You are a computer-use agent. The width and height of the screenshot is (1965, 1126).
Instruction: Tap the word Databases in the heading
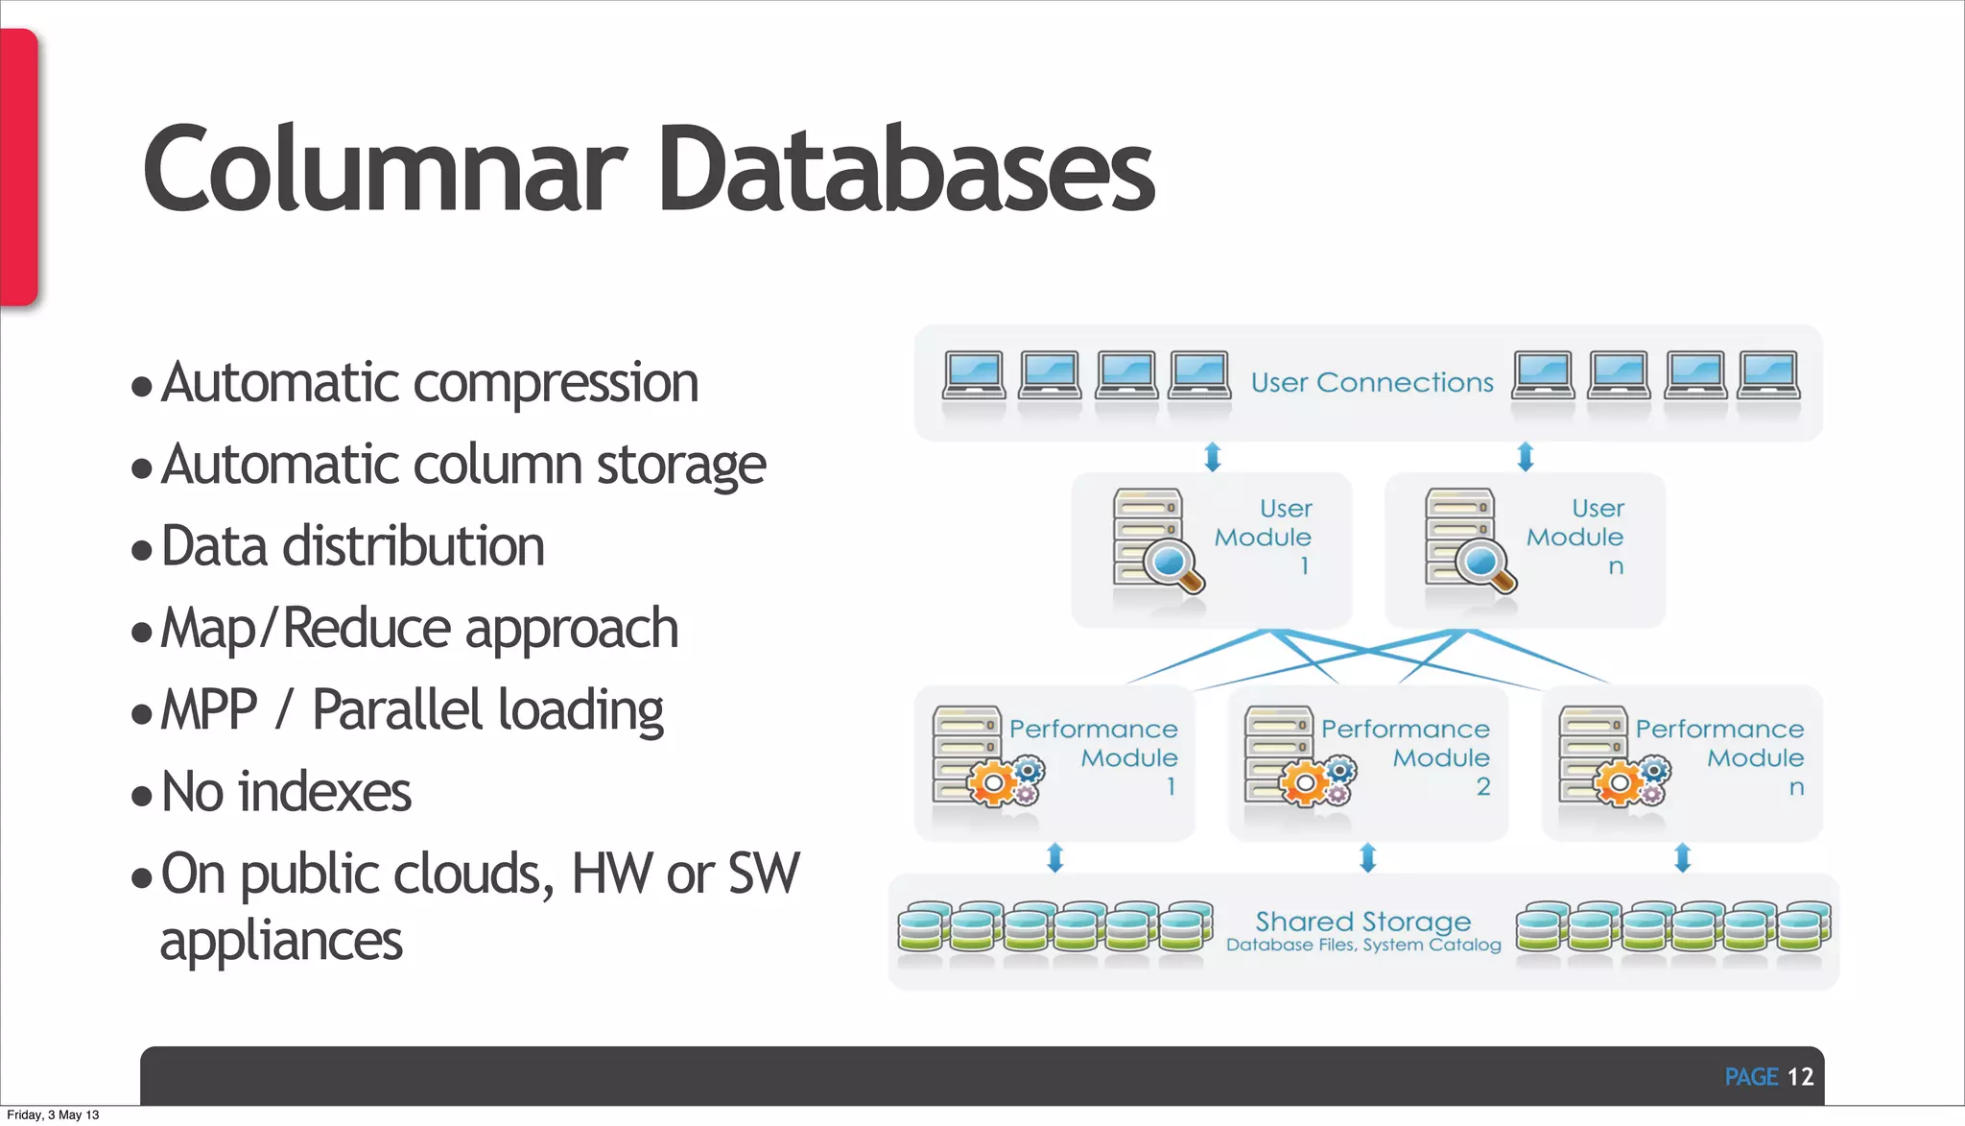906,171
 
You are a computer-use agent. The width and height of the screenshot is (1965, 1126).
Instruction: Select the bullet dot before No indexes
142,796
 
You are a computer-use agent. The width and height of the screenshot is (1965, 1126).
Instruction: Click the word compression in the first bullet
556,383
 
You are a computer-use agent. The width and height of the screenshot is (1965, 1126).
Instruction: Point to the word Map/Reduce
306,629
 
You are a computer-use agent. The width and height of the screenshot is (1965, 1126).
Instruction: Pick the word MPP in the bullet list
209,710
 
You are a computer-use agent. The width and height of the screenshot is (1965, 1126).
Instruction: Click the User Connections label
1372,383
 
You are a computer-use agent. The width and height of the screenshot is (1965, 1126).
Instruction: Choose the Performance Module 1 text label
1094,756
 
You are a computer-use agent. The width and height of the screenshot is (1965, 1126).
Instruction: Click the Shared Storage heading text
1362,922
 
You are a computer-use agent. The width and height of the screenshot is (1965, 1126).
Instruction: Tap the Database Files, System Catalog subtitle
1363,946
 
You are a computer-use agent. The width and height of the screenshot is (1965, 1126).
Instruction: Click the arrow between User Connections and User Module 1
1213,457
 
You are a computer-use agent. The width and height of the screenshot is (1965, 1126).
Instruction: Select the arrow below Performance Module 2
1368,857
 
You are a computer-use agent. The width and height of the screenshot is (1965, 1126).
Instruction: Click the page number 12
1800,1077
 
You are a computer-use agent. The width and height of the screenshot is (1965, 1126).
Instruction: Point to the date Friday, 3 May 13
53,1114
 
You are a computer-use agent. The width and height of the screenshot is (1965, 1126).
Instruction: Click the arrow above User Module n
1526,457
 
